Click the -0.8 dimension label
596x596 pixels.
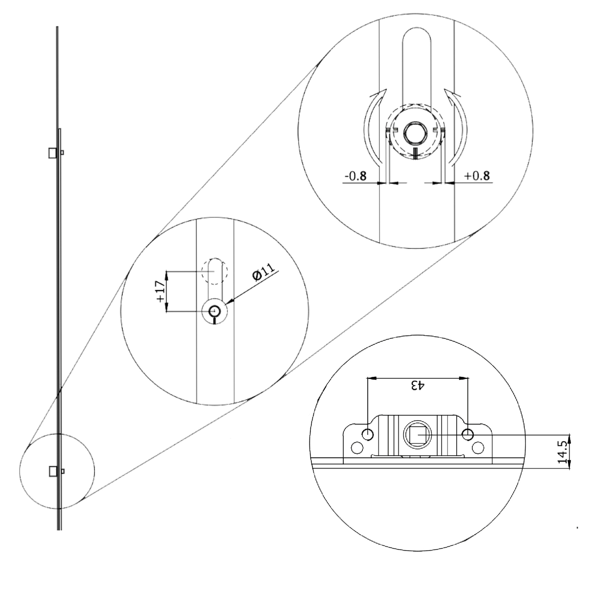click(x=356, y=176)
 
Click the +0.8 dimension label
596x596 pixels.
click(x=477, y=176)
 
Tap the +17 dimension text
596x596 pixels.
click(x=160, y=292)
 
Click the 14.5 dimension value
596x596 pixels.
click(x=562, y=452)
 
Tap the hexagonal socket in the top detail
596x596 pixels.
click(x=415, y=133)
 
